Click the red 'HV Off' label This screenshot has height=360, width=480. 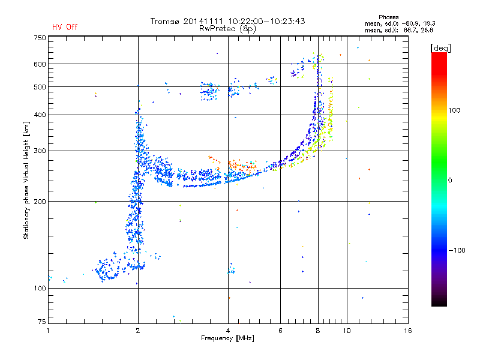click(x=65, y=27)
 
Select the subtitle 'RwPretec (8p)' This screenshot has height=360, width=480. click(x=227, y=29)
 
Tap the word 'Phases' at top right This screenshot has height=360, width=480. click(x=388, y=17)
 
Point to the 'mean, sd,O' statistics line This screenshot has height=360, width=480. click(x=400, y=23)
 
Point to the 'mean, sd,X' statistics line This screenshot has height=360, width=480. click(x=399, y=30)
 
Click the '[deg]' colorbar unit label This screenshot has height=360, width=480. click(x=440, y=48)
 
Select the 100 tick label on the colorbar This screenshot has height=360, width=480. click(x=454, y=110)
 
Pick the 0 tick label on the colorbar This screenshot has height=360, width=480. click(x=450, y=181)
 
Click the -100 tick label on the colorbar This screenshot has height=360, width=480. click(x=457, y=250)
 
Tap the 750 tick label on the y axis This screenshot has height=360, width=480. click(x=40, y=38)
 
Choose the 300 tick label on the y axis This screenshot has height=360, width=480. click(x=40, y=151)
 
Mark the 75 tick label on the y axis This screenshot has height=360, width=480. click(x=42, y=322)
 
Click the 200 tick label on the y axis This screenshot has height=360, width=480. click(x=40, y=202)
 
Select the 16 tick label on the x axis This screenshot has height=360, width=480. click(x=408, y=331)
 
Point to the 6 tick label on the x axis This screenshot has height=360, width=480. click(x=280, y=331)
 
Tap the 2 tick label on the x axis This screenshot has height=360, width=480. click(x=138, y=331)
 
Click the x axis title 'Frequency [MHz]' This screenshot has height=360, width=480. click(x=227, y=338)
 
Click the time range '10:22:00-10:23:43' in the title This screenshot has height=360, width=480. click(x=266, y=21)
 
